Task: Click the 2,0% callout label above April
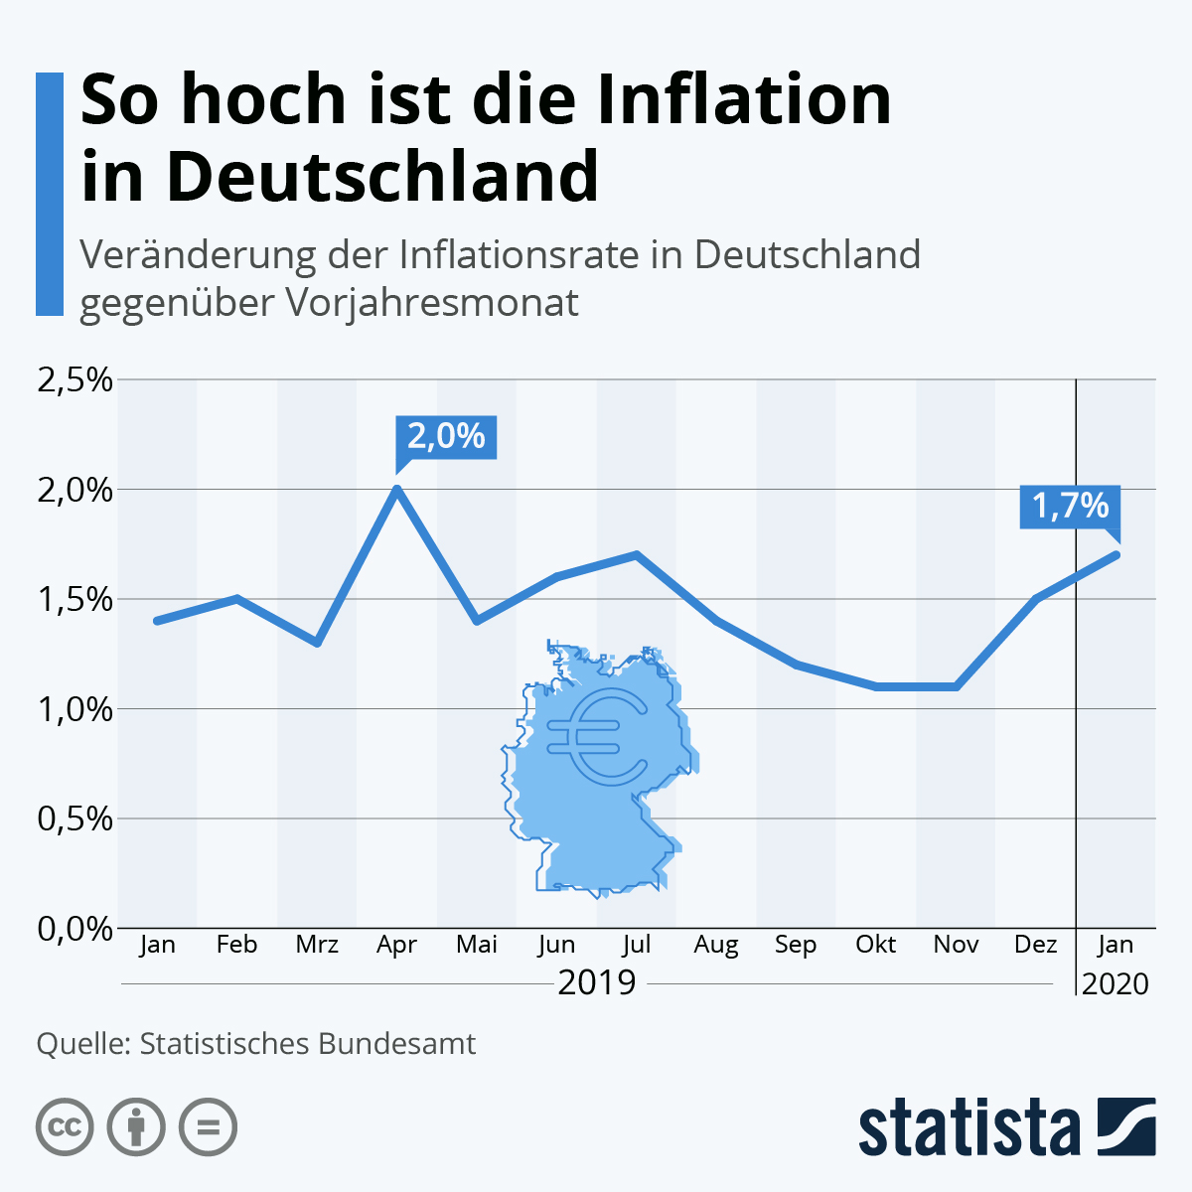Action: point(446,436)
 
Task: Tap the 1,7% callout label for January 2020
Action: point(1070,507)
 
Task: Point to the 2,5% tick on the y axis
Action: point(74,379)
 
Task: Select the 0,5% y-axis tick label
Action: point(74,819)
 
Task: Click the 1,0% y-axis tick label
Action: point(74,709)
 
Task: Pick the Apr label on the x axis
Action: point(396,945)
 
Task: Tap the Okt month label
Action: point(875,945)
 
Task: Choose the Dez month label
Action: point(1035,945)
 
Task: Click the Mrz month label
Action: point(317,945)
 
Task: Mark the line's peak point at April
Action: point(397,489)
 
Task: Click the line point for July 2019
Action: point(636,554)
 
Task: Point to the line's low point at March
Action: point(317,643)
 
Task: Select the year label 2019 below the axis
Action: point(596,982)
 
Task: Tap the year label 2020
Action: point(1115,984)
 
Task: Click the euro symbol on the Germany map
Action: point(596,735)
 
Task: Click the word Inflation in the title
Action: point(744,100)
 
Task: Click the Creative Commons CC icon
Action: point(65,1127)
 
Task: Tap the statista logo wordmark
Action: point(968,1128)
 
